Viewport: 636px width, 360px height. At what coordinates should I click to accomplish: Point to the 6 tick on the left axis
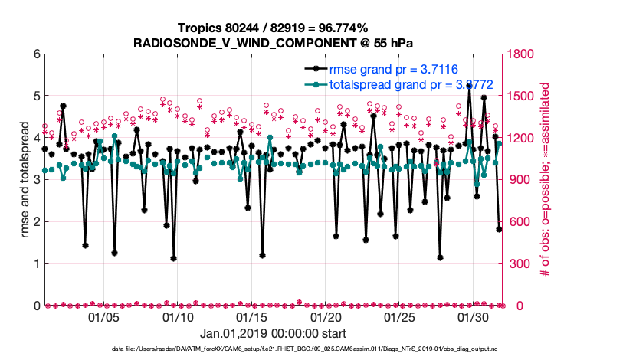tap(36, 54)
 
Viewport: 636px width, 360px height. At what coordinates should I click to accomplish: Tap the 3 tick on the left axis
tap(36, 180)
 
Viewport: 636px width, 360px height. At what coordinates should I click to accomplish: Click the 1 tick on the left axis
tap(36, 264)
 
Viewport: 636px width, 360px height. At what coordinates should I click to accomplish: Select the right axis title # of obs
tap(547, 180)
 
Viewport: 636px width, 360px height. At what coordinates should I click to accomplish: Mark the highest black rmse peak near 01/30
tap(469, 87)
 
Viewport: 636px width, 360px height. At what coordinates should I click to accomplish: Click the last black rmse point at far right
tap(499, 229)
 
